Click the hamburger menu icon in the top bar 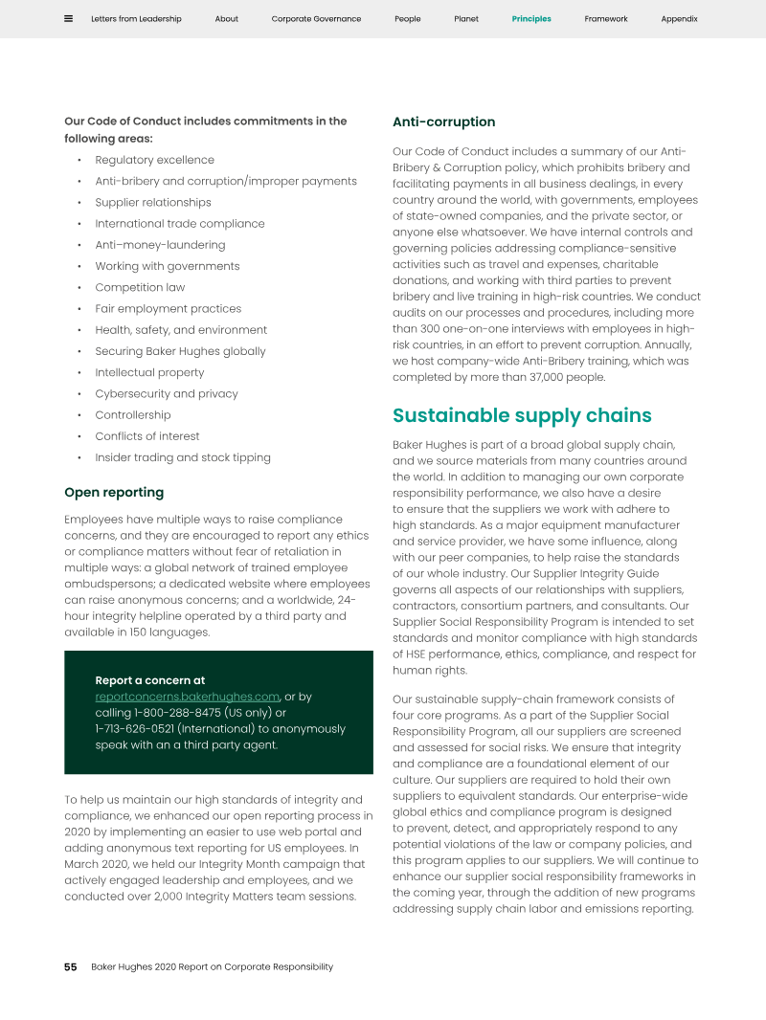point(68,18)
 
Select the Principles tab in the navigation point(531,19)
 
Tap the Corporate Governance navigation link point(316,19)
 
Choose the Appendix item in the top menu point(679,19)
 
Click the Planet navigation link point(466,19)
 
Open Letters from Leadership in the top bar point(137,19)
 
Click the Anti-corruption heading point(443,122)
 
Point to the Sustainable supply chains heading point(522,415)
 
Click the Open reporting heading point(114,493)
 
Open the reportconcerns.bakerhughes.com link point(187,697)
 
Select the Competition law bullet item point(140,287)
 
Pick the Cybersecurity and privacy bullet point(166,393)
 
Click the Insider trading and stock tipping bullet point(182,457)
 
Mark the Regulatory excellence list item point(154,160)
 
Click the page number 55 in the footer point(71,966)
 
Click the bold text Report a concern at point(149,680)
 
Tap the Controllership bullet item point(132,415)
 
